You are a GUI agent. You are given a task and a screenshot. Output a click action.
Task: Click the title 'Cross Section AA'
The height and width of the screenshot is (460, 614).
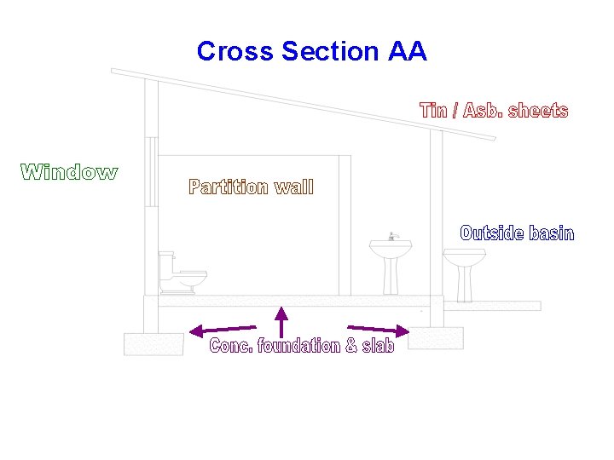point(311,51)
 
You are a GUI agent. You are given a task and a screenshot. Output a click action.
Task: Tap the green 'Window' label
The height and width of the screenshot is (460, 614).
point(69,172)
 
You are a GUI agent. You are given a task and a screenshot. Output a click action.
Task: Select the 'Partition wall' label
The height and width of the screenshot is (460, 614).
point(251,187)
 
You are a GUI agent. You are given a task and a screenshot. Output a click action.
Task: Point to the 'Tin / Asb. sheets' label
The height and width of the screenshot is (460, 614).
point(494,111)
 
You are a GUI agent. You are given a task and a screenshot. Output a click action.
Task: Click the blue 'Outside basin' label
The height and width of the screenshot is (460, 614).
point(517,233)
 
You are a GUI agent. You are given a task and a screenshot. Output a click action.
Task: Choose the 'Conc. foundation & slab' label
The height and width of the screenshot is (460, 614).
point(302,346)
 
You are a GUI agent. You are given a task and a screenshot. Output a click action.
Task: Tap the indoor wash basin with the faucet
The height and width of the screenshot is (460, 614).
point(391,260)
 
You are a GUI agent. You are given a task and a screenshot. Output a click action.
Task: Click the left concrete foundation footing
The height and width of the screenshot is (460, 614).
point(153,343)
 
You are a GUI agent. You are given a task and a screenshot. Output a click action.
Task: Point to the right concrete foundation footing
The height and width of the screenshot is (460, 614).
point(436,337)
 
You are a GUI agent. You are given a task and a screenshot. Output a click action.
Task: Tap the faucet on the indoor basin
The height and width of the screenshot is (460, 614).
point(392,236)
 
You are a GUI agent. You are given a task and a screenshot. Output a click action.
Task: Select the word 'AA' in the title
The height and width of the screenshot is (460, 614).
point(407,51)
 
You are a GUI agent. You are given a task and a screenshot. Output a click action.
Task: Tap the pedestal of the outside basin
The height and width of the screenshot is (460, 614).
point(465,284)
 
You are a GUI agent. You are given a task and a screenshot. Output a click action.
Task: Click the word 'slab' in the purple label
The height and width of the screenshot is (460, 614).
point(378,346)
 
